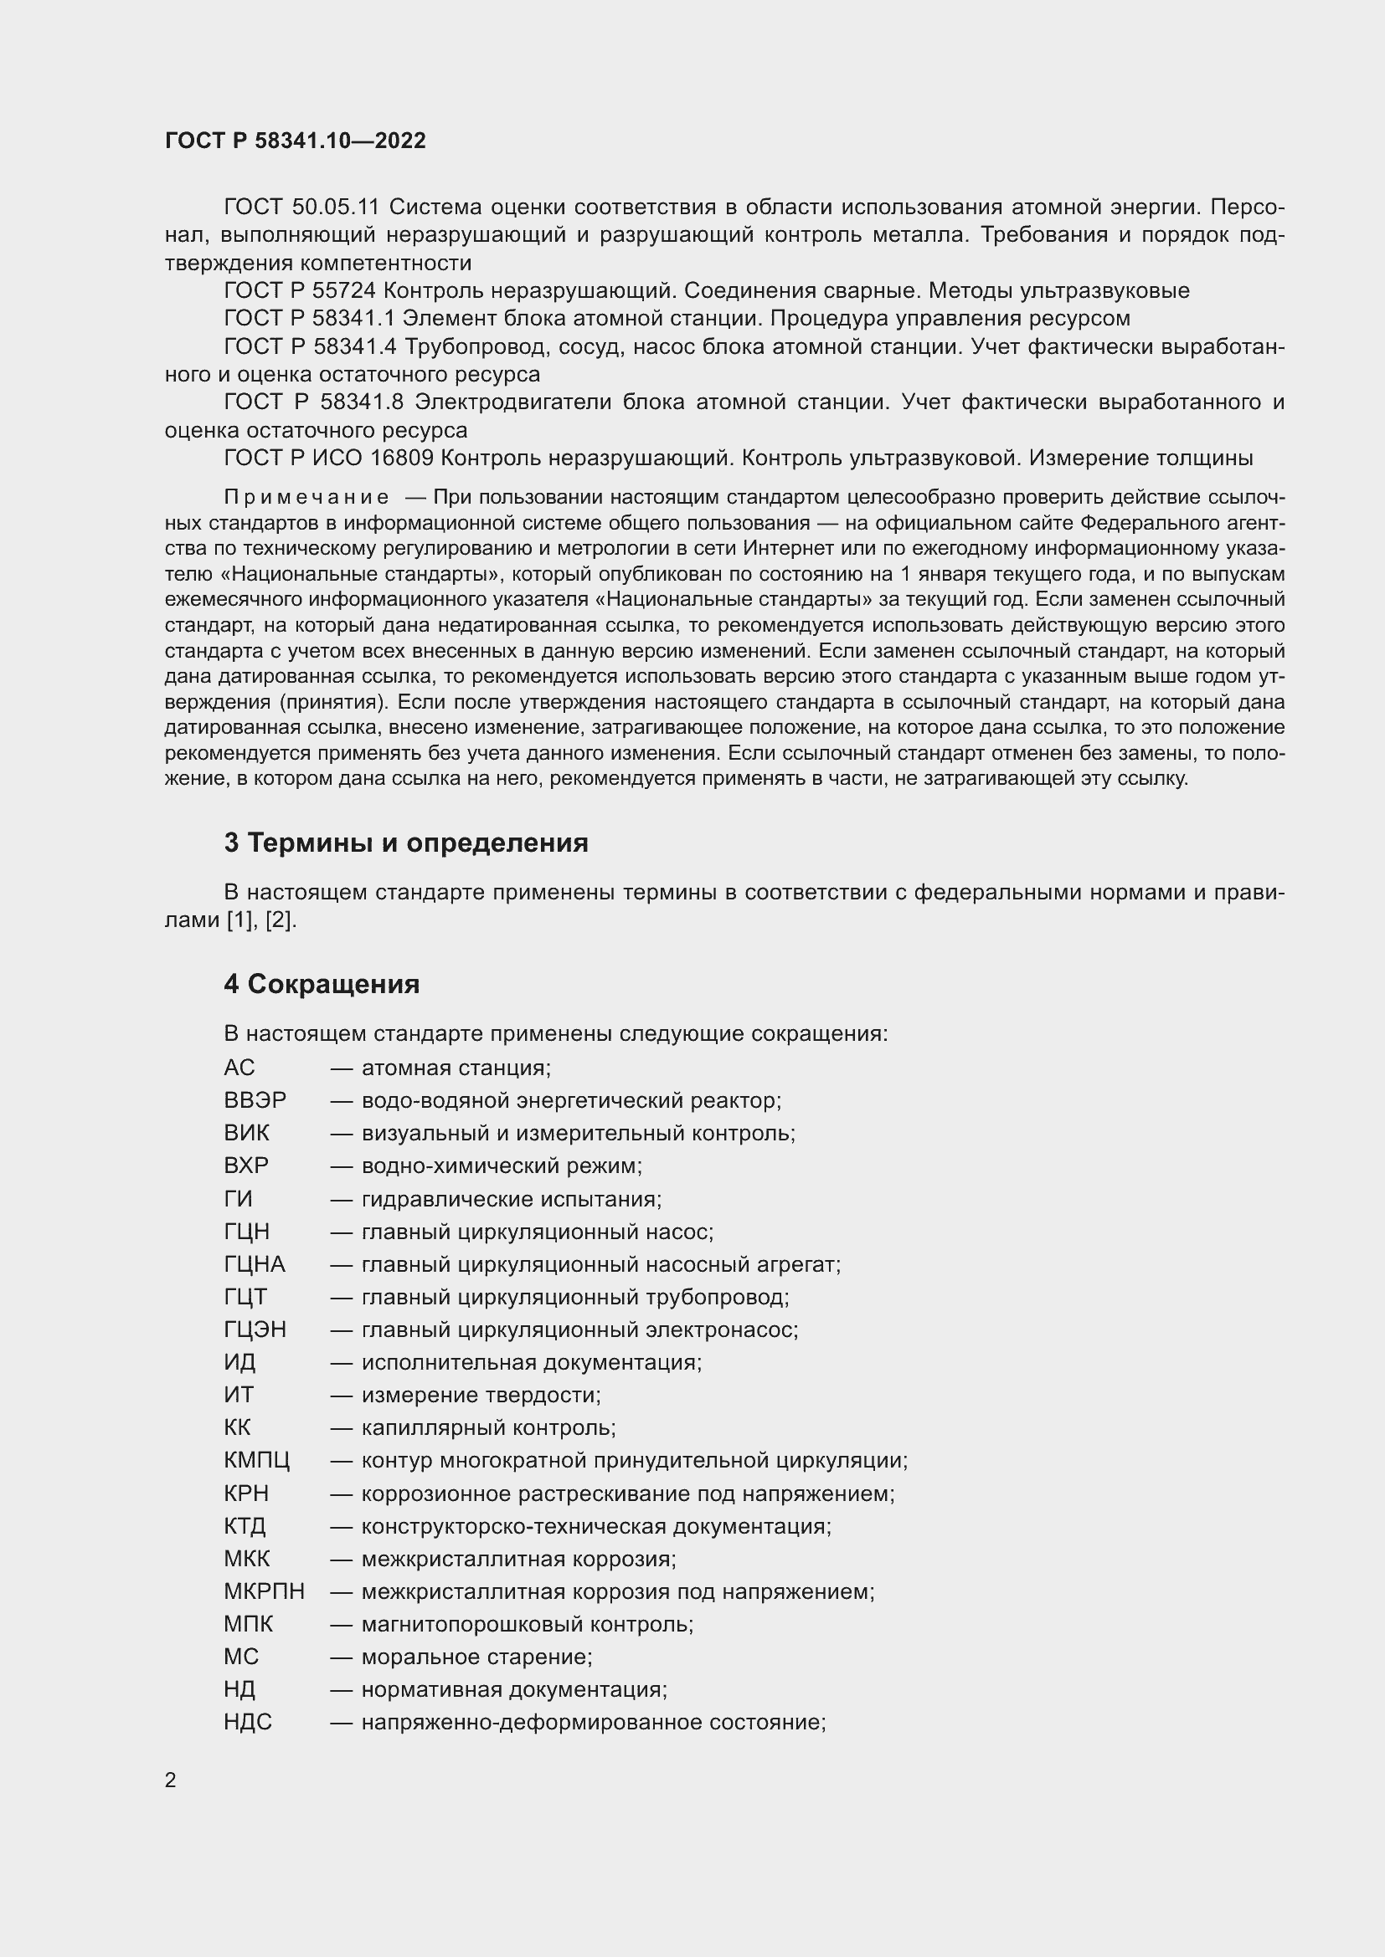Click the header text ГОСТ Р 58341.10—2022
295,141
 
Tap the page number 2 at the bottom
171,1780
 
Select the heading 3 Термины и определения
406,843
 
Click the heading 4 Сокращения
322,985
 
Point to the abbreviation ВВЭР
255,1100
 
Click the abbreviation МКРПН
265,1591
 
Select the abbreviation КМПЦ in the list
257,1460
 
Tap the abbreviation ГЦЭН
255,1329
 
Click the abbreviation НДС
247,1722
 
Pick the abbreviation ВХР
246,1165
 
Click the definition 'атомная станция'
456,1068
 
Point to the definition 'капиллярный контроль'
489,1427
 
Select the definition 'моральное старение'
476,1656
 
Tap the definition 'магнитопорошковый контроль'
527,1624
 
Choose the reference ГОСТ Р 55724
299,290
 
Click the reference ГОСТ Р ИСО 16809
328,459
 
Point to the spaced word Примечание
306,498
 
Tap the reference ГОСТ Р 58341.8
313,402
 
